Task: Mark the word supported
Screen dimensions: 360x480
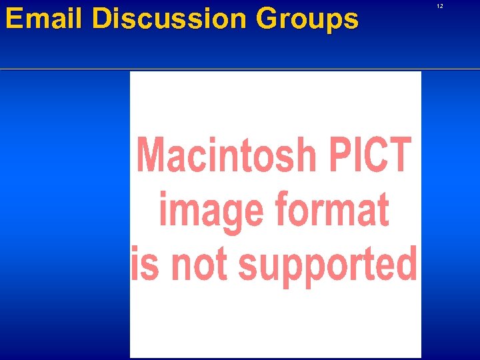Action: (x=327, y=265)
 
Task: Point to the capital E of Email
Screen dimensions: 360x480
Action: (x=14, y=19)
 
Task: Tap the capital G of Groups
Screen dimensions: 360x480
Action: (x=268, y=19)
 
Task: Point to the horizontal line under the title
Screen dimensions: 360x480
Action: (x=240, y=69)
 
